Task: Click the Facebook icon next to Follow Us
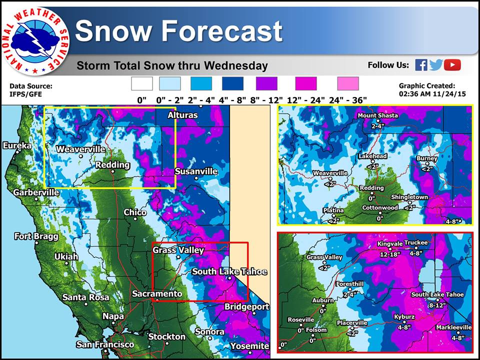(x=421, y=65)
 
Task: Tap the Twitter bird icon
(x=436, y=65)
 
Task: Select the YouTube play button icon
(x=452, y=65)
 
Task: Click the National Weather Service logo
(x=36, y=41)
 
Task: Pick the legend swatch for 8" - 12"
(x=266, y=83)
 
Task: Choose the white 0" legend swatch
(x=141, y=83)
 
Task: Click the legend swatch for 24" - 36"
(x=348, y=83)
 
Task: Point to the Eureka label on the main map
(x=17, y=145)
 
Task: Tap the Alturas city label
(x=183, y=115)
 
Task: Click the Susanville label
(x=196, y=171)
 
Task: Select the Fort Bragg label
(x=36, y=236)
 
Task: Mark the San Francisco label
(x=105, y=344)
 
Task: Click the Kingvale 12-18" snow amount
(x=390, y=254)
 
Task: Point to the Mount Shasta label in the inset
(x=378, y=115)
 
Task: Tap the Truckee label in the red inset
(x=415, y=242)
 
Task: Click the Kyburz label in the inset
(x=404, y=317)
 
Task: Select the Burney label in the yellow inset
(x=426, y=158)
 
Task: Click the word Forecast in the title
(x=222, y=31)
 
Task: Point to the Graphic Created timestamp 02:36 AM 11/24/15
(x=432, y=94)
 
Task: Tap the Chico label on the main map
(x=135, y=212)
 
